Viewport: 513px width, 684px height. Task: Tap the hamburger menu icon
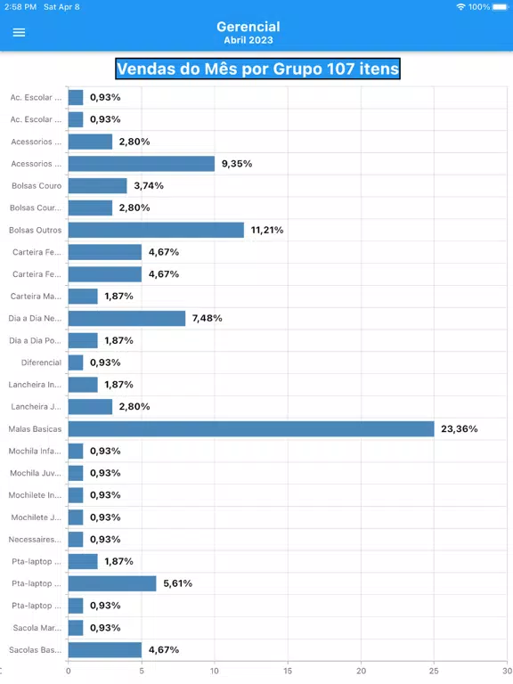click(19, 33)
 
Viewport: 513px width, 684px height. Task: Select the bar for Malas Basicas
click(251, 428)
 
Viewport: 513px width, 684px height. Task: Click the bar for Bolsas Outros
click(156, 230)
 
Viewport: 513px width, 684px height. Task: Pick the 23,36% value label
click(460, 428)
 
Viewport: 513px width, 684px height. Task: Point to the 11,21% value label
click(267, 230)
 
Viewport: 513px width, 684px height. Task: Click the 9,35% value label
click(237, 164)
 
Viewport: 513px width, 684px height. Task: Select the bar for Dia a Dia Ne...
click(127, 319)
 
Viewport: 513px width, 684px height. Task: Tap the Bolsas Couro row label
click(37, 186)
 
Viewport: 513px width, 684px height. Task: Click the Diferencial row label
click(42, 362)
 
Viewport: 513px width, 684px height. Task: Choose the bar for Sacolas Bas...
click(105, 650)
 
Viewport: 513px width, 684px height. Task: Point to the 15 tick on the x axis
click(288, 671)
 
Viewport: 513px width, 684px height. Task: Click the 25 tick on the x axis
click(434, 671)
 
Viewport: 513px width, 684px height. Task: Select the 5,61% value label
click(177, 583)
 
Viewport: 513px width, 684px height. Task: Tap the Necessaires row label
click(35, 540)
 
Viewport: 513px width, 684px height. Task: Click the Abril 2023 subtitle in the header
click(248, 40)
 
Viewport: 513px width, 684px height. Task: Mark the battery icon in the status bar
click(501, 7)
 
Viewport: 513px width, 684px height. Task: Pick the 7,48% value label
click(208, 319)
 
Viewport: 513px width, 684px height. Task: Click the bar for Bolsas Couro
click(98, 186)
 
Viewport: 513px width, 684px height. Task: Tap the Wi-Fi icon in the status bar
click(460, 7)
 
